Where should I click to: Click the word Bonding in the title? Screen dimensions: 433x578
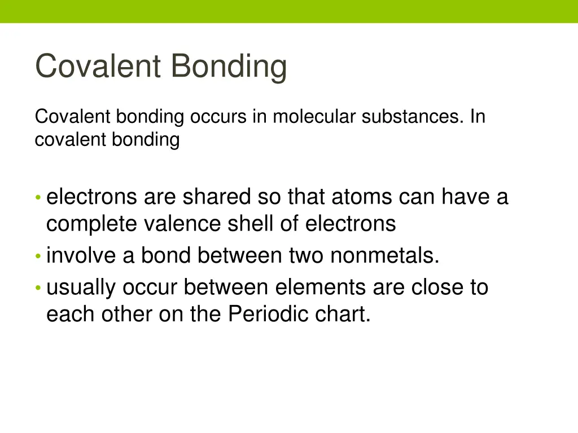[x=229, y=67]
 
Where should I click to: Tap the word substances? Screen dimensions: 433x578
[x=411, y=117]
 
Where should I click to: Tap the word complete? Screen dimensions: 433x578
[x=91, y=224]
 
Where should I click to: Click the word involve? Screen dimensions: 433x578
[x=81, y=255]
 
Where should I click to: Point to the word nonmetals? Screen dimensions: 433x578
[x=384, y=255]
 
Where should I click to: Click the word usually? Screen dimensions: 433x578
[x=81, y=288]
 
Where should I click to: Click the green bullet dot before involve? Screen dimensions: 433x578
[x=38, y=257]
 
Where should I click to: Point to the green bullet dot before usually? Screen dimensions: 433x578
[x=38, y=289]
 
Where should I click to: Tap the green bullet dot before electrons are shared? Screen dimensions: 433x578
[x=38, y=198]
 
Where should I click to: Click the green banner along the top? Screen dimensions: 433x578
[x=289, y=11]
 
